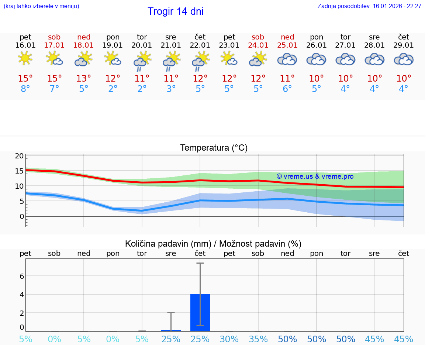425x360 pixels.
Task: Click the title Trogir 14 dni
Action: pos(176,11)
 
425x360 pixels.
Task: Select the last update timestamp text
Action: pos(369,6)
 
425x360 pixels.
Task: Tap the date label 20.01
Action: pos(142,45)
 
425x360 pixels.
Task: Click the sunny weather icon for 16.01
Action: pos(25,58)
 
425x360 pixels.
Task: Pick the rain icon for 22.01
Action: pos(200,61)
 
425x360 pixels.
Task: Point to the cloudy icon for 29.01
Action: pos(404,59)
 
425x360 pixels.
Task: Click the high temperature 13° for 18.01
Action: pos(84,79)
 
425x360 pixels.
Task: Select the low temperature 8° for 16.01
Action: pos(25,89)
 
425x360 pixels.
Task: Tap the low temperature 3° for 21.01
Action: pos(171,89)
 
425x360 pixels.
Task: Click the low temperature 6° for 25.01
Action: pos(287,89)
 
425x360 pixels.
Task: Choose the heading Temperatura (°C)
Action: pos(214,148)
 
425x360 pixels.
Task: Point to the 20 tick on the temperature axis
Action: pos(19,156)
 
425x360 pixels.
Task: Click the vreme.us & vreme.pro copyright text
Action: pos(315,176)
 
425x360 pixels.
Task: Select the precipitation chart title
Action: pos(213,244)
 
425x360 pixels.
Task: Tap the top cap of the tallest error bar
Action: pos(200,263)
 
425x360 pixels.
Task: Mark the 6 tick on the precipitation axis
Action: pos(22,276)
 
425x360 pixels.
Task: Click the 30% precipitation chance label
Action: pos(229,339)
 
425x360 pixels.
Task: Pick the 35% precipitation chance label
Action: pos(258,339)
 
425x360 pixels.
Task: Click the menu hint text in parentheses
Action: pos(41,6)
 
